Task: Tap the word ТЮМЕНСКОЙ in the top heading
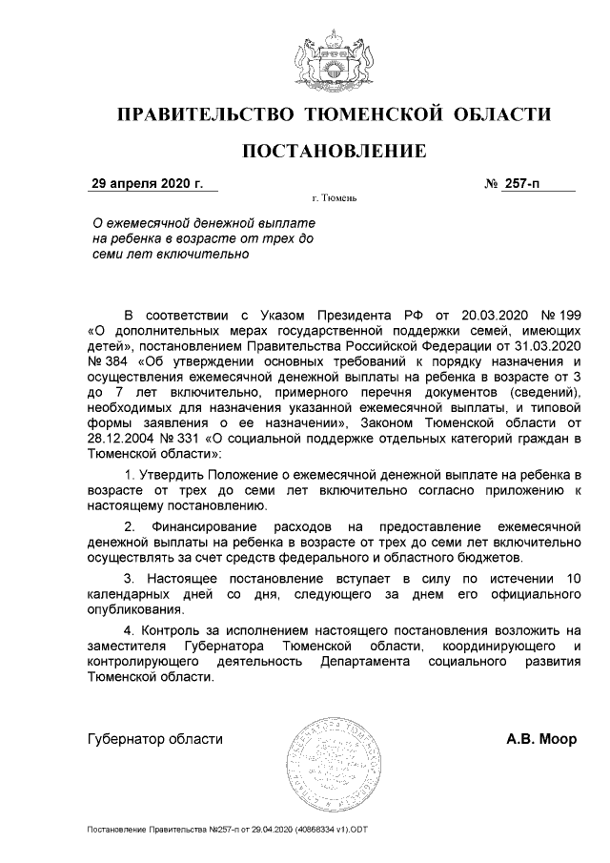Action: coord(375,115)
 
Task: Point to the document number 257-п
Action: coord(519,182)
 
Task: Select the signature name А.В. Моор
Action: coord(540,739)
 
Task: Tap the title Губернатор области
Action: coord(155,739)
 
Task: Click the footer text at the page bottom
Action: coord(227,832)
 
